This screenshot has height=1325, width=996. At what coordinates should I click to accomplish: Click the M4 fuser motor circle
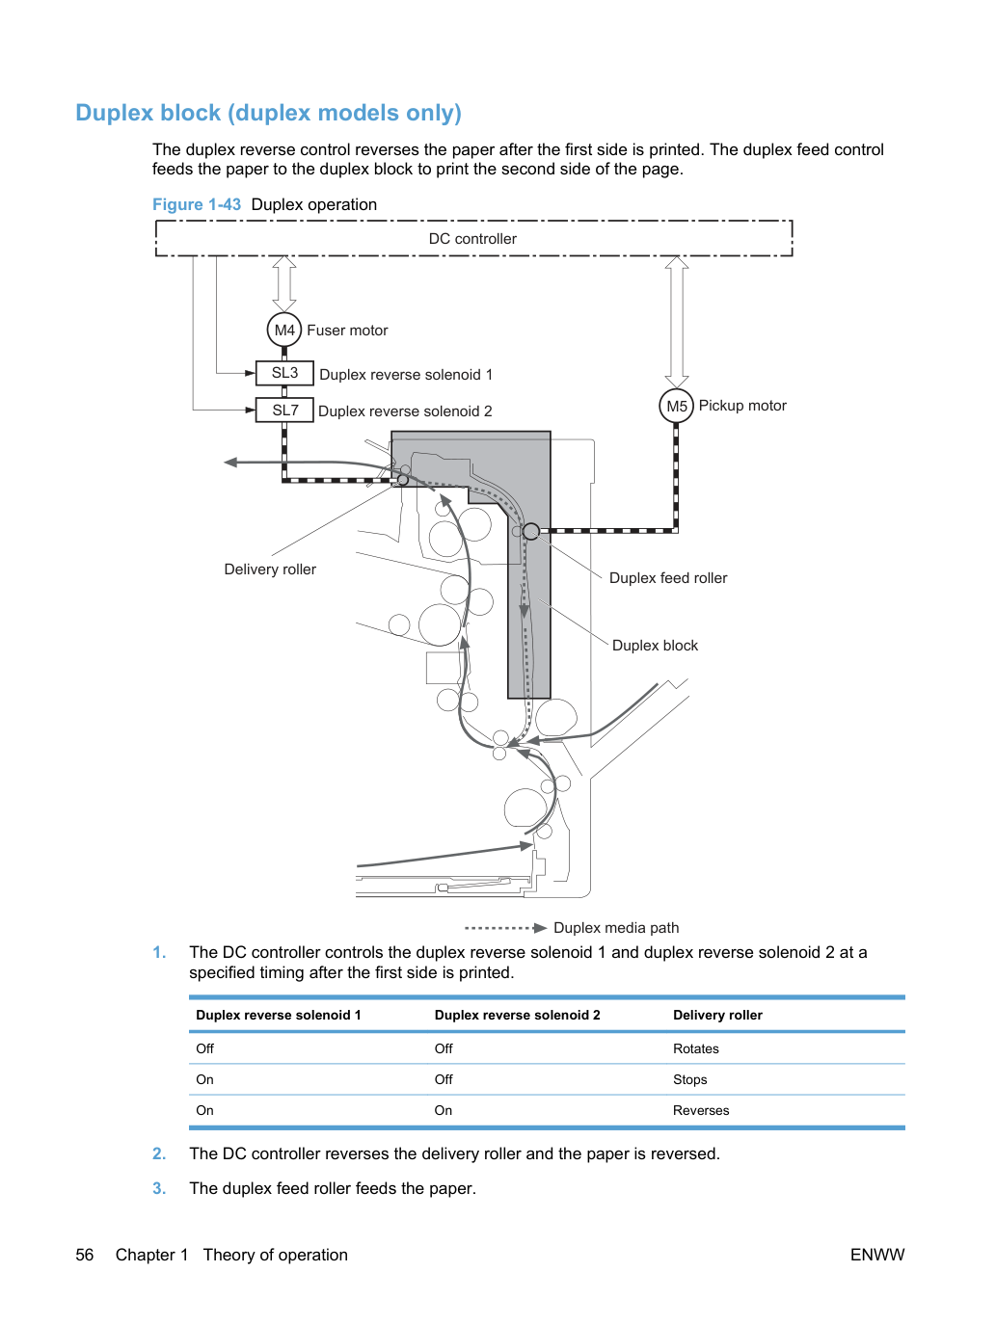point(283,330)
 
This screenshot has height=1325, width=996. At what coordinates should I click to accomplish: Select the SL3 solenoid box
point(284,373)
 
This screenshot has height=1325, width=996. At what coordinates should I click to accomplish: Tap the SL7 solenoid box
point(284,410)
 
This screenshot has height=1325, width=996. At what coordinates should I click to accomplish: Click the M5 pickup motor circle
point(676,406)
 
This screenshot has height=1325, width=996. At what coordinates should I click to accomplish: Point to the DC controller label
point(472,238)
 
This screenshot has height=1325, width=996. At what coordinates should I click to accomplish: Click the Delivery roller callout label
point(270,570)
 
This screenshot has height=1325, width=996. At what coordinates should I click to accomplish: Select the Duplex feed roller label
point(668,577)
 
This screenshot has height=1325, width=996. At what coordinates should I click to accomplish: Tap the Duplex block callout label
point(655,646)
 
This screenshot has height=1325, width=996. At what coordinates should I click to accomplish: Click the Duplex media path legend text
point(616,927)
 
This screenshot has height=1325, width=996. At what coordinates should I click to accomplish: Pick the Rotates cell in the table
point(696,1048)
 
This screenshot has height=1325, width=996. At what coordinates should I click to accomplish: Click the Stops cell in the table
point(689,1079)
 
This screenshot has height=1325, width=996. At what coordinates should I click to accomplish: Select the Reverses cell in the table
point(701,1110)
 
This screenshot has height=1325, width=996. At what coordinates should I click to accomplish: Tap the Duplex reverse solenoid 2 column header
point(517,1015)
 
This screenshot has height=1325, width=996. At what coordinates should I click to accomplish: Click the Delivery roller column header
point(717,1015)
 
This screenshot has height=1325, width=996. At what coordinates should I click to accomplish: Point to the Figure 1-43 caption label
point(197,204)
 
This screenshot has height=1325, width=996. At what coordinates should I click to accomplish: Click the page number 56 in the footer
point(85,1255)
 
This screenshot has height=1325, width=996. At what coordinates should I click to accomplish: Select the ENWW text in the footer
point(877,1255)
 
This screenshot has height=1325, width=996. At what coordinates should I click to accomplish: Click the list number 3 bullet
point(159,1188)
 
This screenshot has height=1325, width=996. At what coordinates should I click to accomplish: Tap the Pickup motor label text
point(742,405)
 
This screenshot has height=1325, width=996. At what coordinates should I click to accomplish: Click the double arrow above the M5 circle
point(677,322)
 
